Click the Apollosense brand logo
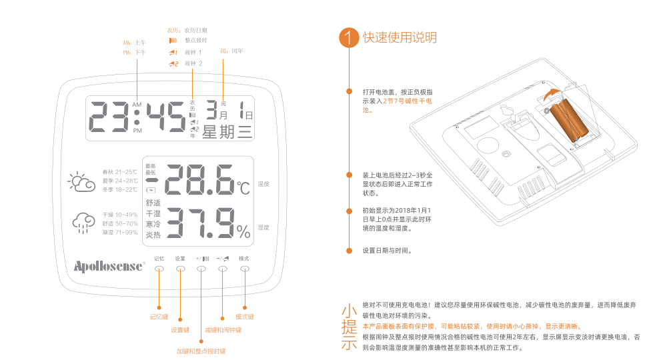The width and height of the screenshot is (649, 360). pyautogui.click(x=109, y=266)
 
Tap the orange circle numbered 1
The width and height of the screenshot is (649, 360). pyautogui.click(x=349, y=37)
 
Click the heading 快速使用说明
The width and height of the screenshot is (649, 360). pyautogui.click(x=400, y=37)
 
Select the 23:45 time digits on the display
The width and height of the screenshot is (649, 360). pyautogui.click(x=137, y=117)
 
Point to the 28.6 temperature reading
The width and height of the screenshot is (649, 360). pyautogui.click(x=199, y=180)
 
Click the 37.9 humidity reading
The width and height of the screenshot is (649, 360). pyautogui.click(x=199, y=223)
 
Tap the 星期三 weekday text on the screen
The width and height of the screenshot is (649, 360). pyautogui.click(x=227, y=132)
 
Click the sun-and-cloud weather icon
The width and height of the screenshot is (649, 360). pyautogui.click(x=81, y=182)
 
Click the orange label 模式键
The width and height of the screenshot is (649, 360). pyautogui.click(x=245, y=317)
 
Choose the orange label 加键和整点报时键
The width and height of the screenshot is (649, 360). pyautogui.click(x=201, y=351)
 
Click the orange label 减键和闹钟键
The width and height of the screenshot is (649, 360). pyautogui.click(x=223, y=330)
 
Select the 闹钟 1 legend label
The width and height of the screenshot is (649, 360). pyautogui.click(x=193, y=52)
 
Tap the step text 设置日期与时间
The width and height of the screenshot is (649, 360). pyautogui.click(x=388, y=251)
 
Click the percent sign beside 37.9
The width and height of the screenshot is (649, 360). pyautogui.click(x=243, y=231)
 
